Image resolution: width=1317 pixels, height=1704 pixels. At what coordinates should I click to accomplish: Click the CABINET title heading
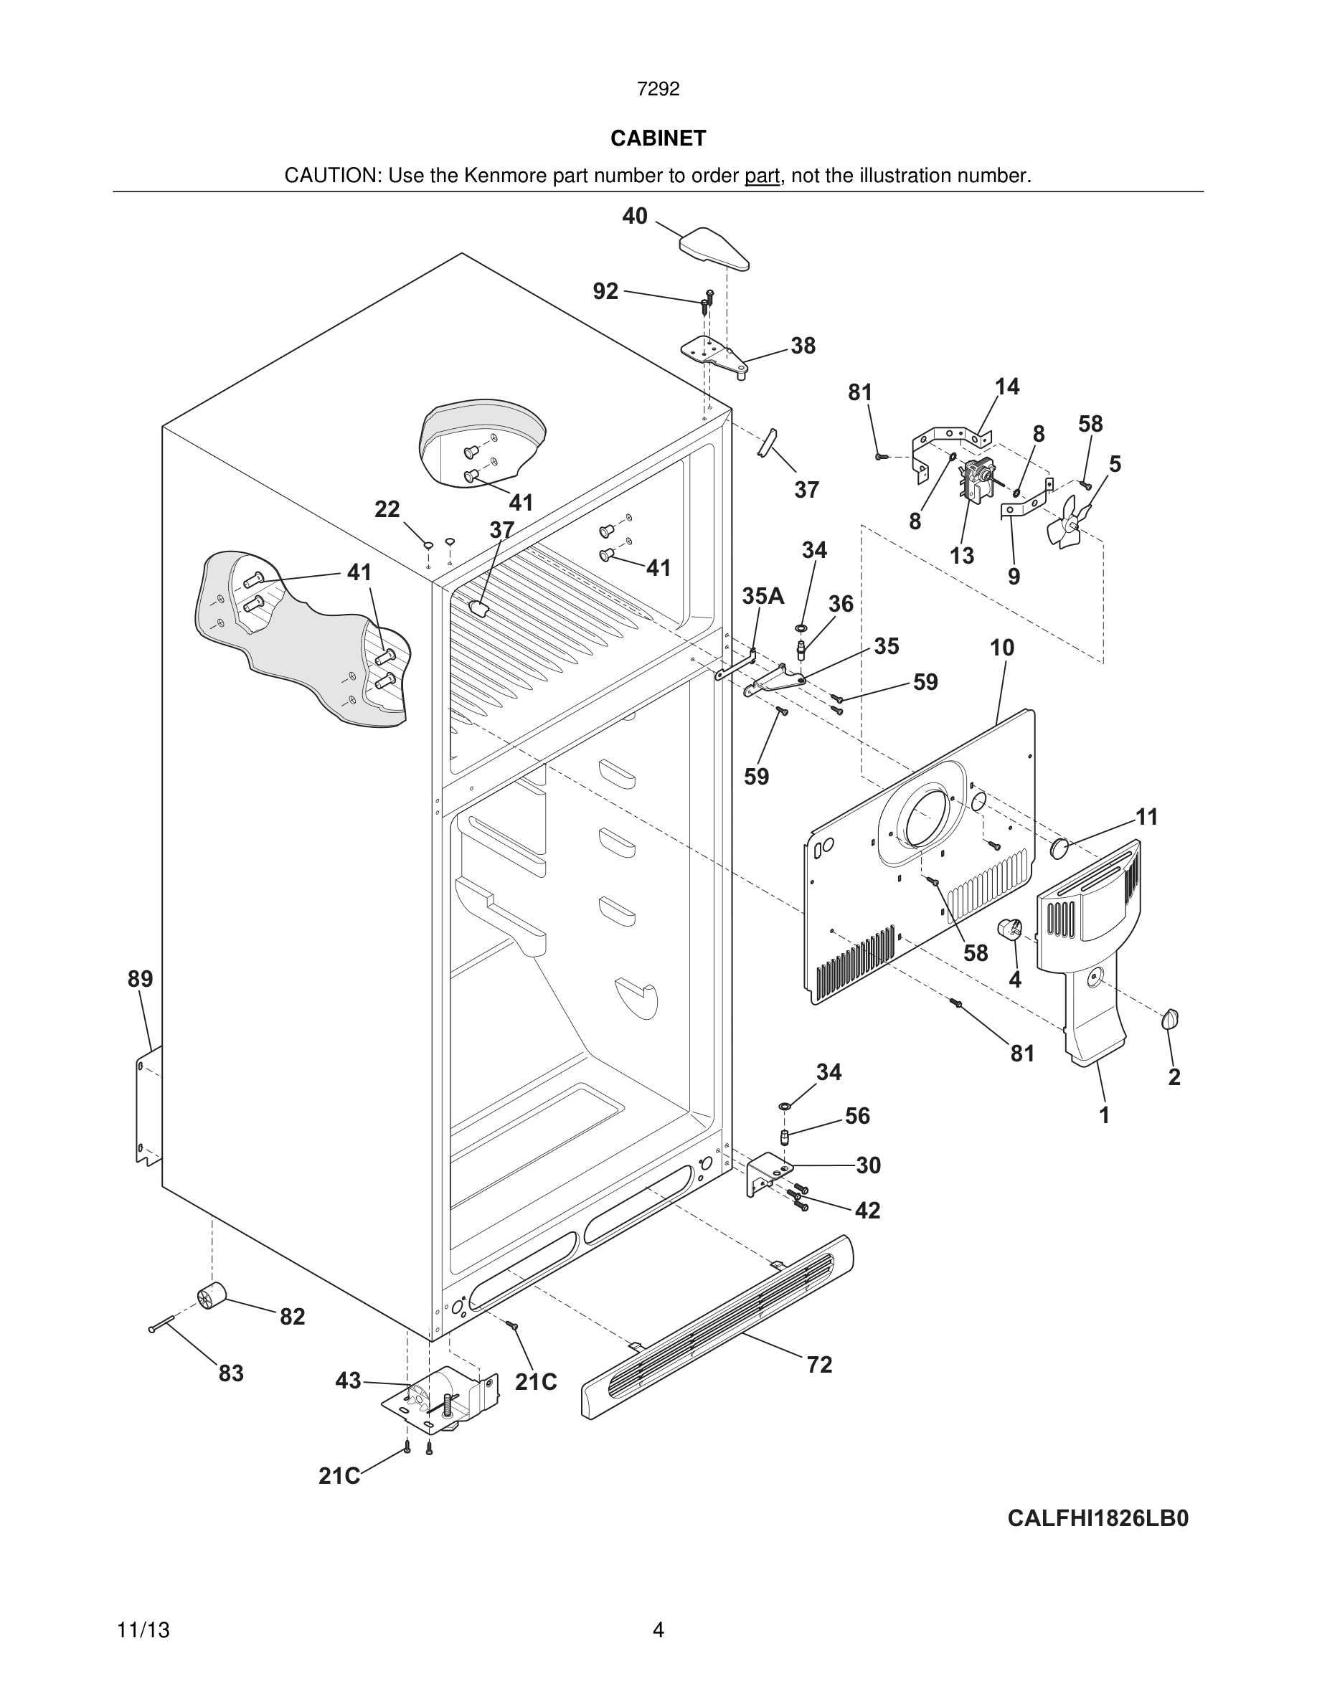(658, 138)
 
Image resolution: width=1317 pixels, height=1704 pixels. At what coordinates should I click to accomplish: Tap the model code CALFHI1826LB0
(1097, 1518)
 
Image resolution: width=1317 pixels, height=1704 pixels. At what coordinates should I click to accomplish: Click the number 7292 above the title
(658, 89)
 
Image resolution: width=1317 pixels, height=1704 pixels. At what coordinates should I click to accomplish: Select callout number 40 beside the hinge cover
(634, 216)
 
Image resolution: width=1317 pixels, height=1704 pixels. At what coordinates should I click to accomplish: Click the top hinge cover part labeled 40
(713, 248)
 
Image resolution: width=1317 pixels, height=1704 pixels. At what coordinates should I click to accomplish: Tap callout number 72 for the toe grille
(819, 1365)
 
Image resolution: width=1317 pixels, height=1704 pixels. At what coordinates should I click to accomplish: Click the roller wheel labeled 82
(211, 1297)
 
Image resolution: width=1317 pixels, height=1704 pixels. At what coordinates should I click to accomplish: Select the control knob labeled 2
(1169, 1019)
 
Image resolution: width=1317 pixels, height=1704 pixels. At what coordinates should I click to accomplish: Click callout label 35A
(763, 596)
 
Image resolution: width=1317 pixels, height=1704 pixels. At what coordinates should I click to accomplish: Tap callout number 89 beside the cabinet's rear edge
(141, 978)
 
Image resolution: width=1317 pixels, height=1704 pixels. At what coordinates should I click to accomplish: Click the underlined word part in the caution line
(762, 176)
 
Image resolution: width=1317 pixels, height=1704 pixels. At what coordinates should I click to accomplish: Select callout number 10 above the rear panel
(1002, 648)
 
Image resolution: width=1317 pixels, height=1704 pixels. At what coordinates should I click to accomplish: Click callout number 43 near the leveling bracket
(348, 1381)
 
